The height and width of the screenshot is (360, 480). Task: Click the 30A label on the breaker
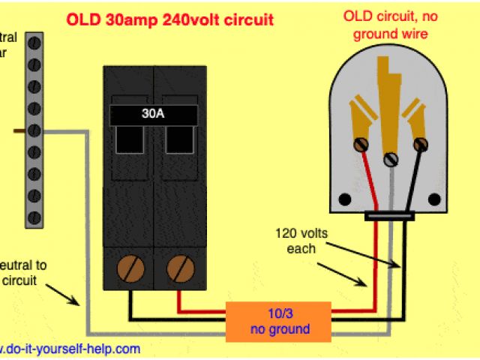tap(153, 115)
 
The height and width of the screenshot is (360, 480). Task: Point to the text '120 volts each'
tap(301, 239)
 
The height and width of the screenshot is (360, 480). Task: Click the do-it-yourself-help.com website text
tap(71, 349)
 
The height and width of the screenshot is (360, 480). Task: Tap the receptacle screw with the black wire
tap(421, 143)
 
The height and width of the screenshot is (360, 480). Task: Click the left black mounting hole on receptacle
tap(346, 199)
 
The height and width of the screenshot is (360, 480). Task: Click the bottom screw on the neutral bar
tap(33, 217)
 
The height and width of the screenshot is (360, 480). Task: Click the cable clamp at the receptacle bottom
tap(389, 217)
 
